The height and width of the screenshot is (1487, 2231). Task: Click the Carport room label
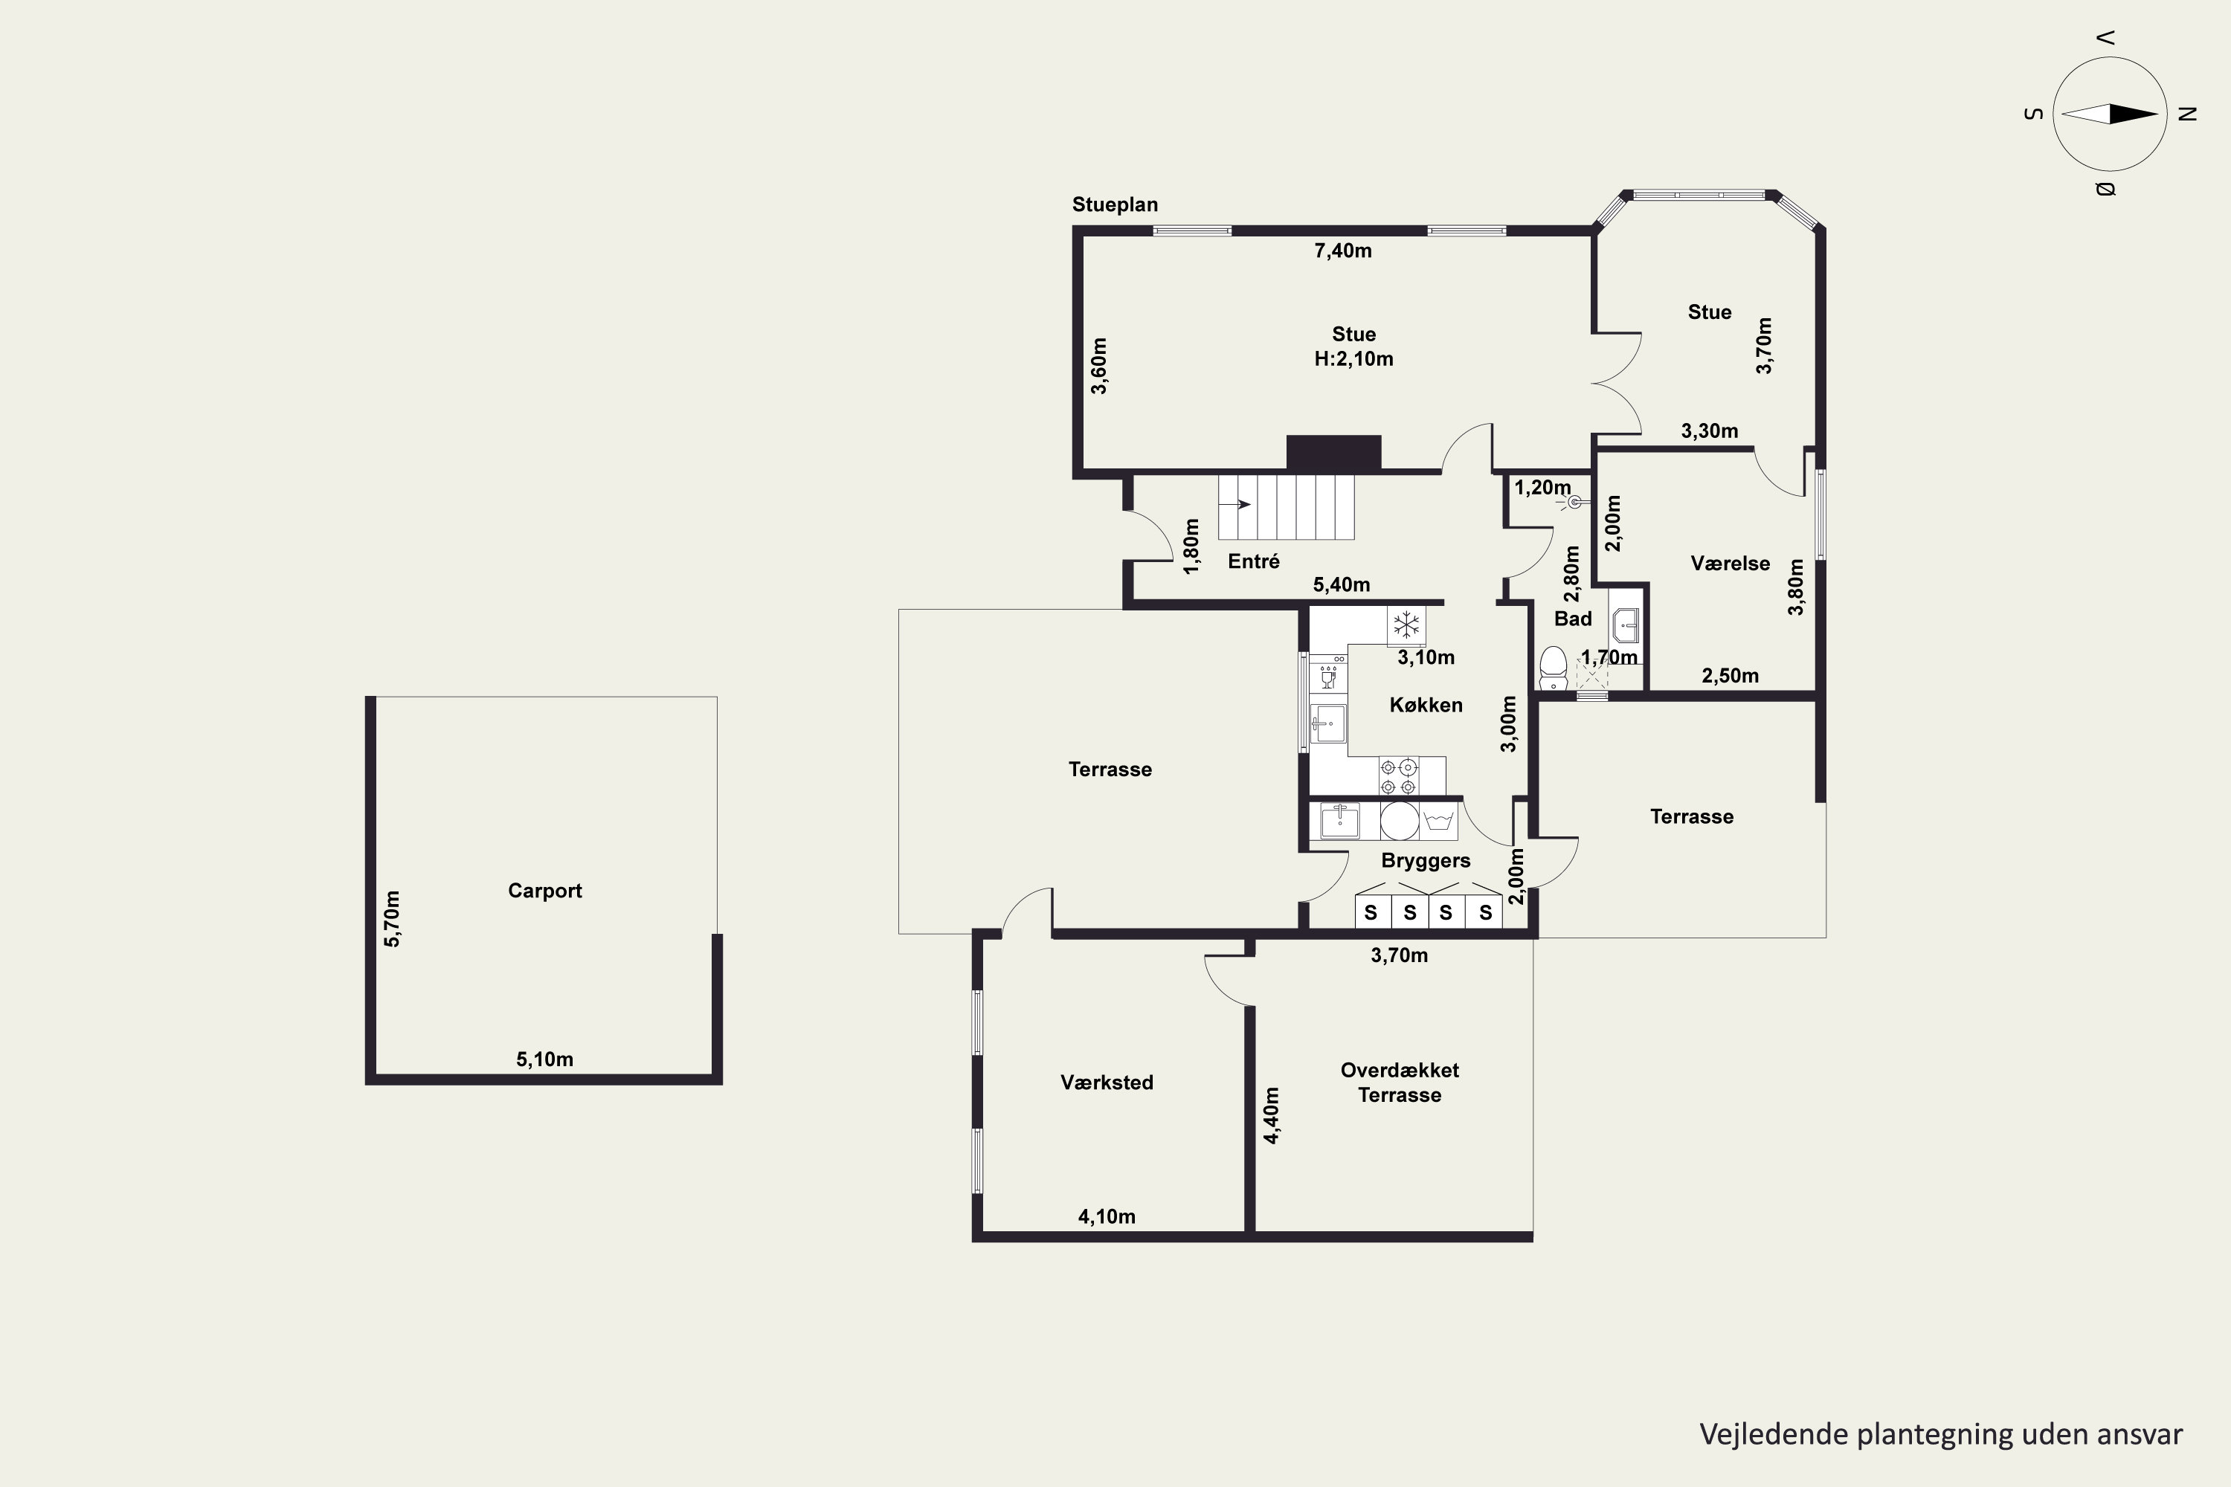pos(544,891)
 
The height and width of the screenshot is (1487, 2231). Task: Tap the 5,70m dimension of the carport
pos(392,918)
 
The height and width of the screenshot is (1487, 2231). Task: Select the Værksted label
pos(1107,1082)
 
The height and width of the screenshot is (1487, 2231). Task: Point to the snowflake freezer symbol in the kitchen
pos(1406,625)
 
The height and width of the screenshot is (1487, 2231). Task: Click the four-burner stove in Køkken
pos(1399,775)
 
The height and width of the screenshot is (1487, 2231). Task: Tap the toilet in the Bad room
pos(1553,668)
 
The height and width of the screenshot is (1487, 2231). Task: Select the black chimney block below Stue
pos(1333,452)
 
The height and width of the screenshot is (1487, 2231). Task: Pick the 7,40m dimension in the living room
pos(1343,251)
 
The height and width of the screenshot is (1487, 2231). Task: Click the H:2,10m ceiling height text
pos(1353,358)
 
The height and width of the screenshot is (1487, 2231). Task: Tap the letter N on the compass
pos(2189,114)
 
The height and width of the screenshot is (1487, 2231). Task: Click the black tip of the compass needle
pos(2158,114)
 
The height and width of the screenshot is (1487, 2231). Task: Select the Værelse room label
pos(1731,564)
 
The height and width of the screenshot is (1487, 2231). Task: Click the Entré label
pos(1253,561)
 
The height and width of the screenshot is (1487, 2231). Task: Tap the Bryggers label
pos(1426,861)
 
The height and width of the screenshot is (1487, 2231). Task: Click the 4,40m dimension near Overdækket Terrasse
pos(1272,1115)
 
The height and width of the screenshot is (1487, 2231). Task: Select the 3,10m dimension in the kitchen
pos(1426,657)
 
